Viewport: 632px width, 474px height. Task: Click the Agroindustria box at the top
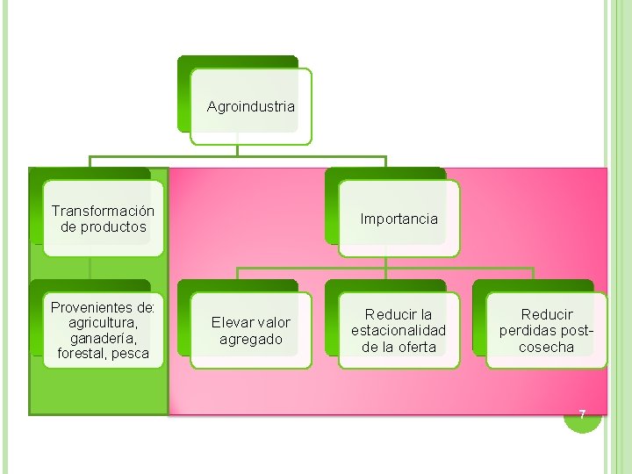[x=251, y=106]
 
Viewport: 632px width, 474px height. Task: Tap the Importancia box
[x=399, y=219]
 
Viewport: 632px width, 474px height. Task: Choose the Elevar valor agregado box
[x=250, y=331]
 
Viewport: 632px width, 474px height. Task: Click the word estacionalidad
[x=399, y=330]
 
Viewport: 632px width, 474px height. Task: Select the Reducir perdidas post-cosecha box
[x=546, y=331]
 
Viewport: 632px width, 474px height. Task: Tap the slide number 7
[x=581, y=414]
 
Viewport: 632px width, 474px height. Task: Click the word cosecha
[x=546, y=347]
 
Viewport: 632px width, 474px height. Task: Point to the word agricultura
[x=103, y=323]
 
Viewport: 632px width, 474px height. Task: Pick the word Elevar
[x=230, y=323]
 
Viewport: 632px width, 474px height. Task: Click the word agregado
[x=250, y=339]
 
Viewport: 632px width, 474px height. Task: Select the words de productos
[x=103, y=227]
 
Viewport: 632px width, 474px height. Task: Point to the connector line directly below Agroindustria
[x=238, y=150]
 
